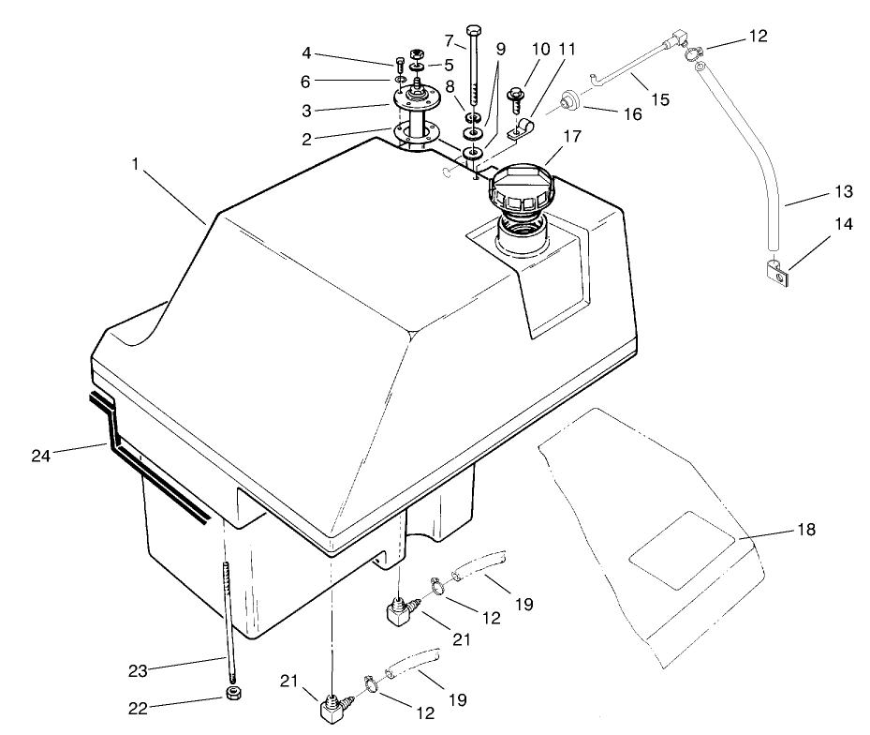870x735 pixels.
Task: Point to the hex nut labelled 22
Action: pos(232,695)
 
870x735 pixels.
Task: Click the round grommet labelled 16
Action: pos(568,99)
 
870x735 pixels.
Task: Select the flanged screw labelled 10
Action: pos(514,96)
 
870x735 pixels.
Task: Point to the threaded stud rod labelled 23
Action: pos(228,619)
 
